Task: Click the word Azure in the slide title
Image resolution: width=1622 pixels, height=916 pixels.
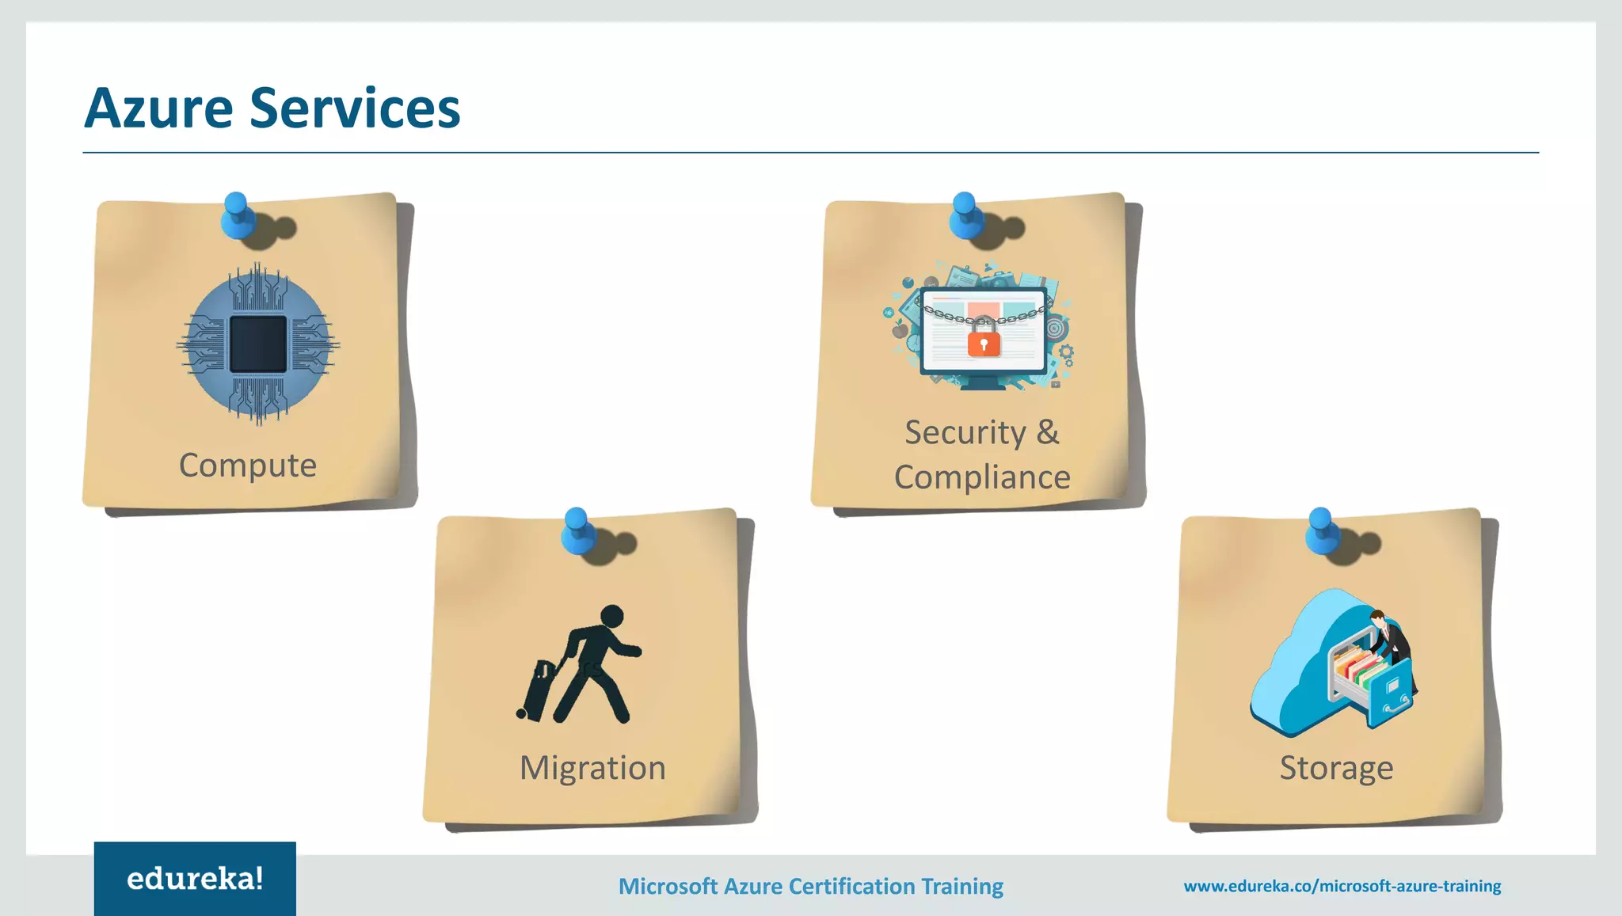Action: point(158,108)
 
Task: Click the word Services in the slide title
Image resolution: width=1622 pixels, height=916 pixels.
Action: point(355,108)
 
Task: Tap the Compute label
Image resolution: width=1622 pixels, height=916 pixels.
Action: point(248,465)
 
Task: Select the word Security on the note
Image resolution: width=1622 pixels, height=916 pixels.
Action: point(965,432)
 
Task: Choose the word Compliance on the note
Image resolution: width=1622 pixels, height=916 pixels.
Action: point(982,477)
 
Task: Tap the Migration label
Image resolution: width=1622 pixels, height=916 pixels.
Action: point(592,768)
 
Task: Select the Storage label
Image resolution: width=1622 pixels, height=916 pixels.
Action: point(1336,768)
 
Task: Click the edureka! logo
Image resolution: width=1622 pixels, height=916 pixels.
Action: point(195,879)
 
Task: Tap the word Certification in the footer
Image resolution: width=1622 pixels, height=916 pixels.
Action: point(849,886)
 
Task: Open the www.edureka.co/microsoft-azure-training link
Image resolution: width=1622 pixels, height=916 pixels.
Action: point(1342,886)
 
